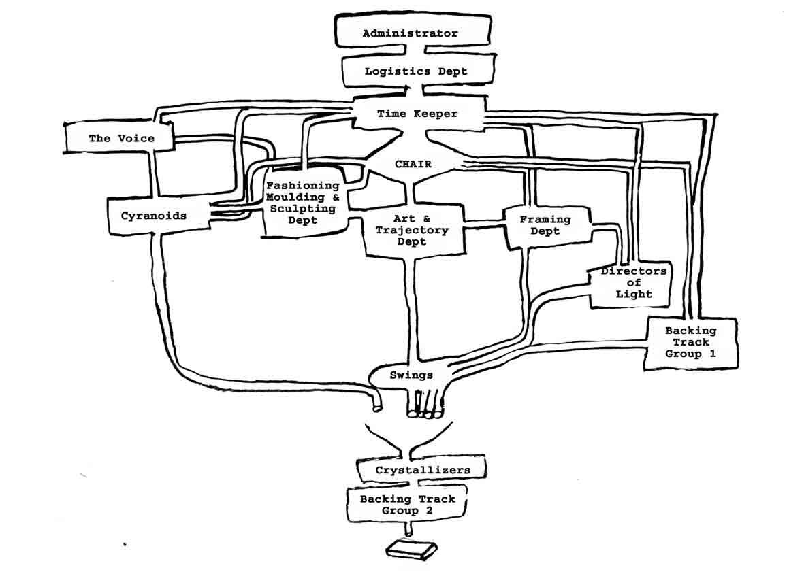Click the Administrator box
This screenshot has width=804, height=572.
(x=410, y=33)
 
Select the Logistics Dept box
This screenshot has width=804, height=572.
(x=415, y=71)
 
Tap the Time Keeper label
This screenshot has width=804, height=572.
(x=417, y=114)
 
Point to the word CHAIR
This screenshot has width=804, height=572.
(x=413, y=164)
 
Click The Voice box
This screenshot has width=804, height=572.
(x=121, y=138)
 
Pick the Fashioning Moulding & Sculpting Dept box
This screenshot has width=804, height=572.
(x=303, y=203)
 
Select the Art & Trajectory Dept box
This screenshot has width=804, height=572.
(x=411, y=231)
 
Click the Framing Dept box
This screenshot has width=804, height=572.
(x=545, y=225)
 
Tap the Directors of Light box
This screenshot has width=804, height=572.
(x=633, y=283)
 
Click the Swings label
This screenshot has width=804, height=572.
(x=411, y=375)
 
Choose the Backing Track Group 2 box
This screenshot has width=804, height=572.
(x=407, y=505)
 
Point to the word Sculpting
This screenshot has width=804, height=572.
(x=303, y=209)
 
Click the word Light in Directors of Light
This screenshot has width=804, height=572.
(x=633, y=295)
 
